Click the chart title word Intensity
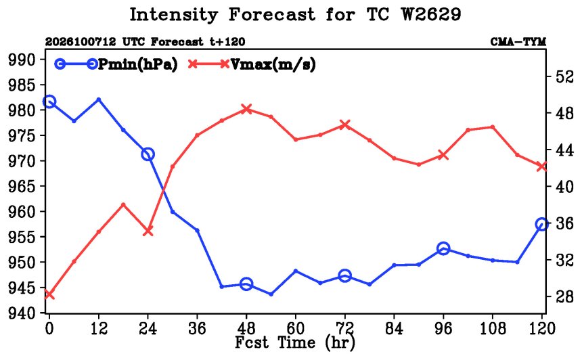point(173,16)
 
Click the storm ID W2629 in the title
point(430,15)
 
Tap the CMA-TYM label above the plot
point(518,41)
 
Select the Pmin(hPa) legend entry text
point(137,64)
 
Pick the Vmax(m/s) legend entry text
point(273,64)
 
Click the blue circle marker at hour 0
point(49,102)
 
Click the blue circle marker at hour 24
point(148,154)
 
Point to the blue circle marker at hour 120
point(541,224)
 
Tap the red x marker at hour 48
point(246,109)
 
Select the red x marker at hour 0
point(49,295)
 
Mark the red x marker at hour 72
point(345,125)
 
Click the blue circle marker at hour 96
point(443,248)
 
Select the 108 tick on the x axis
point(493,328)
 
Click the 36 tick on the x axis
point(197,328)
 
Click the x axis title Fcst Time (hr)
point(294,342)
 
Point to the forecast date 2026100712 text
point(81,41)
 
